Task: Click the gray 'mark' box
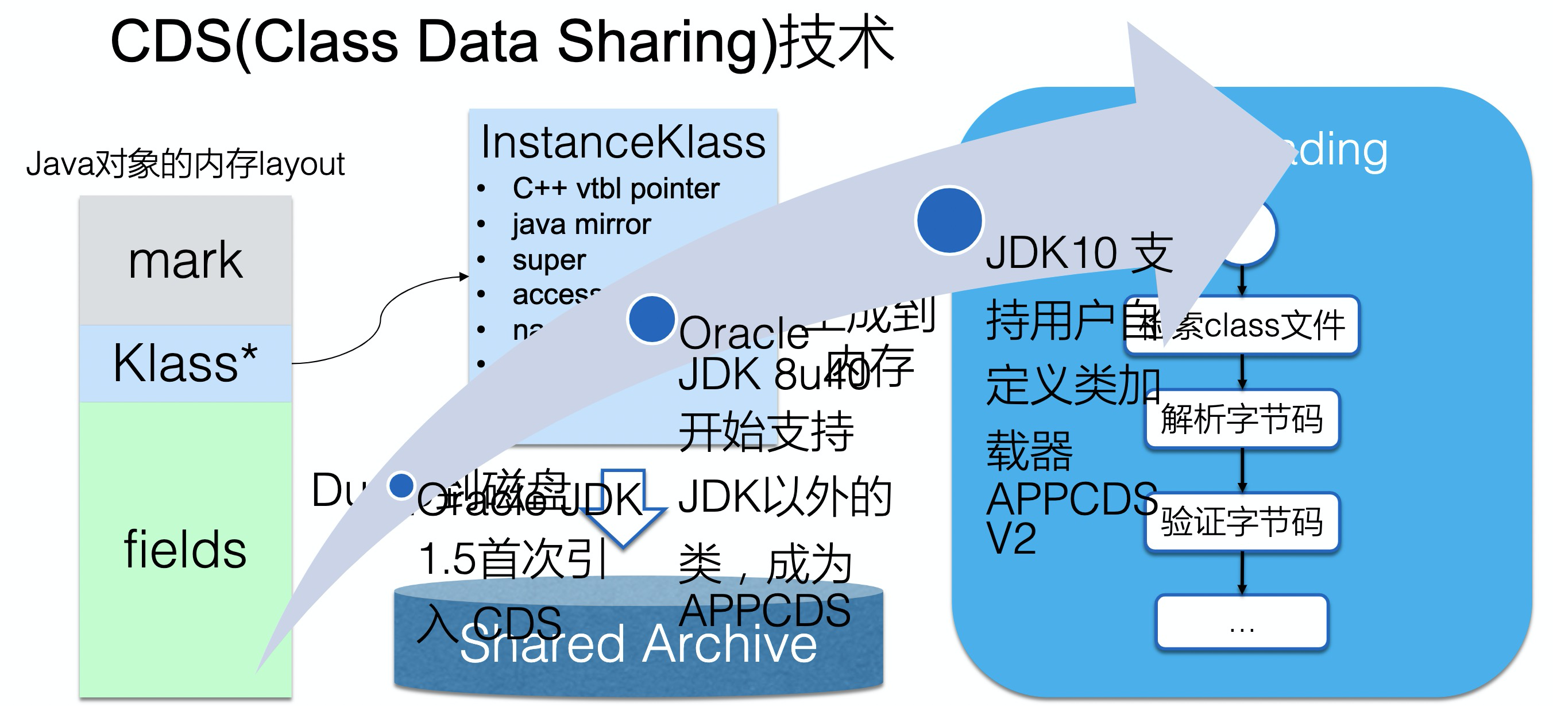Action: click(185, 260)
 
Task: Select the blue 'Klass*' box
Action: click(185, 363)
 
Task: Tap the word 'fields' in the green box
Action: click(185, 549)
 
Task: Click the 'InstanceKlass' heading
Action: click(623, 143)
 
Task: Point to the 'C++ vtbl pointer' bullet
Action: click(616, 189)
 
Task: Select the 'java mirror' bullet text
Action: click(581, 224)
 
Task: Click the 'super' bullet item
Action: click(548, 260)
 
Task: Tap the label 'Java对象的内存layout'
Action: click(185, 163)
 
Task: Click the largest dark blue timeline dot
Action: click(949, 220)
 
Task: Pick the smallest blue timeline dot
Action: click(401, 485)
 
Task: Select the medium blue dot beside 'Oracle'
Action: click(651, 319)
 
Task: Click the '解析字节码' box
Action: click(1242, 419)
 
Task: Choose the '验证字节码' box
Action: click(1242, 522)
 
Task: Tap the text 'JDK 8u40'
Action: click(775, 375)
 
